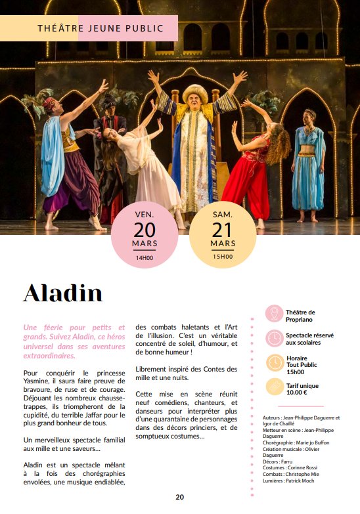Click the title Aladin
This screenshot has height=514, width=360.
63,293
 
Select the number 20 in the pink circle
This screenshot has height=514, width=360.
145,230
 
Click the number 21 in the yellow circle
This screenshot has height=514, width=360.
223,230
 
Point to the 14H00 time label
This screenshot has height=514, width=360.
145,258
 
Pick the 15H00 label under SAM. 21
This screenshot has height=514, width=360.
223,257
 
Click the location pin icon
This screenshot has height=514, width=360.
274,314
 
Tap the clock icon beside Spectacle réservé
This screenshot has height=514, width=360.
274,338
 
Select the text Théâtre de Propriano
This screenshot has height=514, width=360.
301,316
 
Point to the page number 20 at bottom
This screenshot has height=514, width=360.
179,497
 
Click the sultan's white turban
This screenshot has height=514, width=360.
195,92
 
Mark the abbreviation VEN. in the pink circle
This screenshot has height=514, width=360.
145,214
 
